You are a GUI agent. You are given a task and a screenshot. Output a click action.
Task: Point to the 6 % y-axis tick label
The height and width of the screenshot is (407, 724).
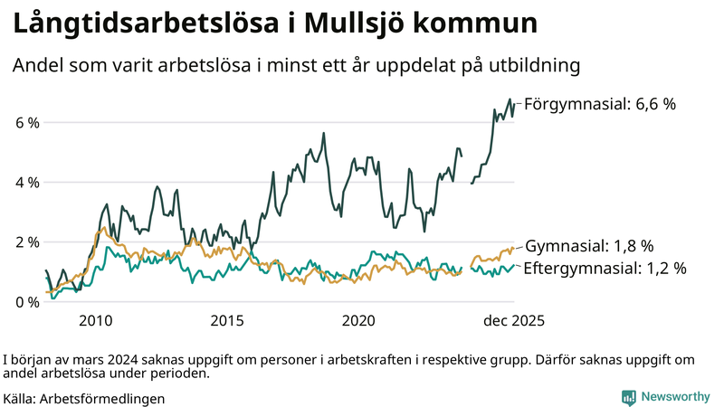pos(26,122)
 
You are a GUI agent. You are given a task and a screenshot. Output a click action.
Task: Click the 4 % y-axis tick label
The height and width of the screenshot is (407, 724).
pos(26,182)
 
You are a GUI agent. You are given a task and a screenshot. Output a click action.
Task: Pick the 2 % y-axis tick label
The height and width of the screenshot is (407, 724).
pos(26,242)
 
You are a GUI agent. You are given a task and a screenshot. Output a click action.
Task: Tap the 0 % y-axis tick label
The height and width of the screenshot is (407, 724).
pos(26,302)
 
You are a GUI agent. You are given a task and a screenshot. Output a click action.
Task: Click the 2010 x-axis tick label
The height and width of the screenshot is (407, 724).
pos(96,321)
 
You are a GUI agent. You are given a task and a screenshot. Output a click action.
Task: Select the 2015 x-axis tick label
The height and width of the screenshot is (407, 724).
pos(227,321)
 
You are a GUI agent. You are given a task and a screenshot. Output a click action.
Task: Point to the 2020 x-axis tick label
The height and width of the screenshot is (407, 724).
pos(359,321)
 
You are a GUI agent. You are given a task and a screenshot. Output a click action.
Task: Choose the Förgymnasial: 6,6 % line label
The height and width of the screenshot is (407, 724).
pos(600,104)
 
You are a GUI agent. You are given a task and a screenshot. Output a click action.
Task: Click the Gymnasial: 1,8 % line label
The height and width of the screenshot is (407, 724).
pos(589,246)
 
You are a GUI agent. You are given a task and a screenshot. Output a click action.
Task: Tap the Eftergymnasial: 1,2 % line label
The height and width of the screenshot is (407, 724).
pos(605,268)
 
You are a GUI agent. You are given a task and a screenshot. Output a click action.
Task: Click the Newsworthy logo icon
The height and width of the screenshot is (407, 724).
pos(628,397)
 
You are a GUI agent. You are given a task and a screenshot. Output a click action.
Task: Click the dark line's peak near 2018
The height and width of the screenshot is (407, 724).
pos(324,134)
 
